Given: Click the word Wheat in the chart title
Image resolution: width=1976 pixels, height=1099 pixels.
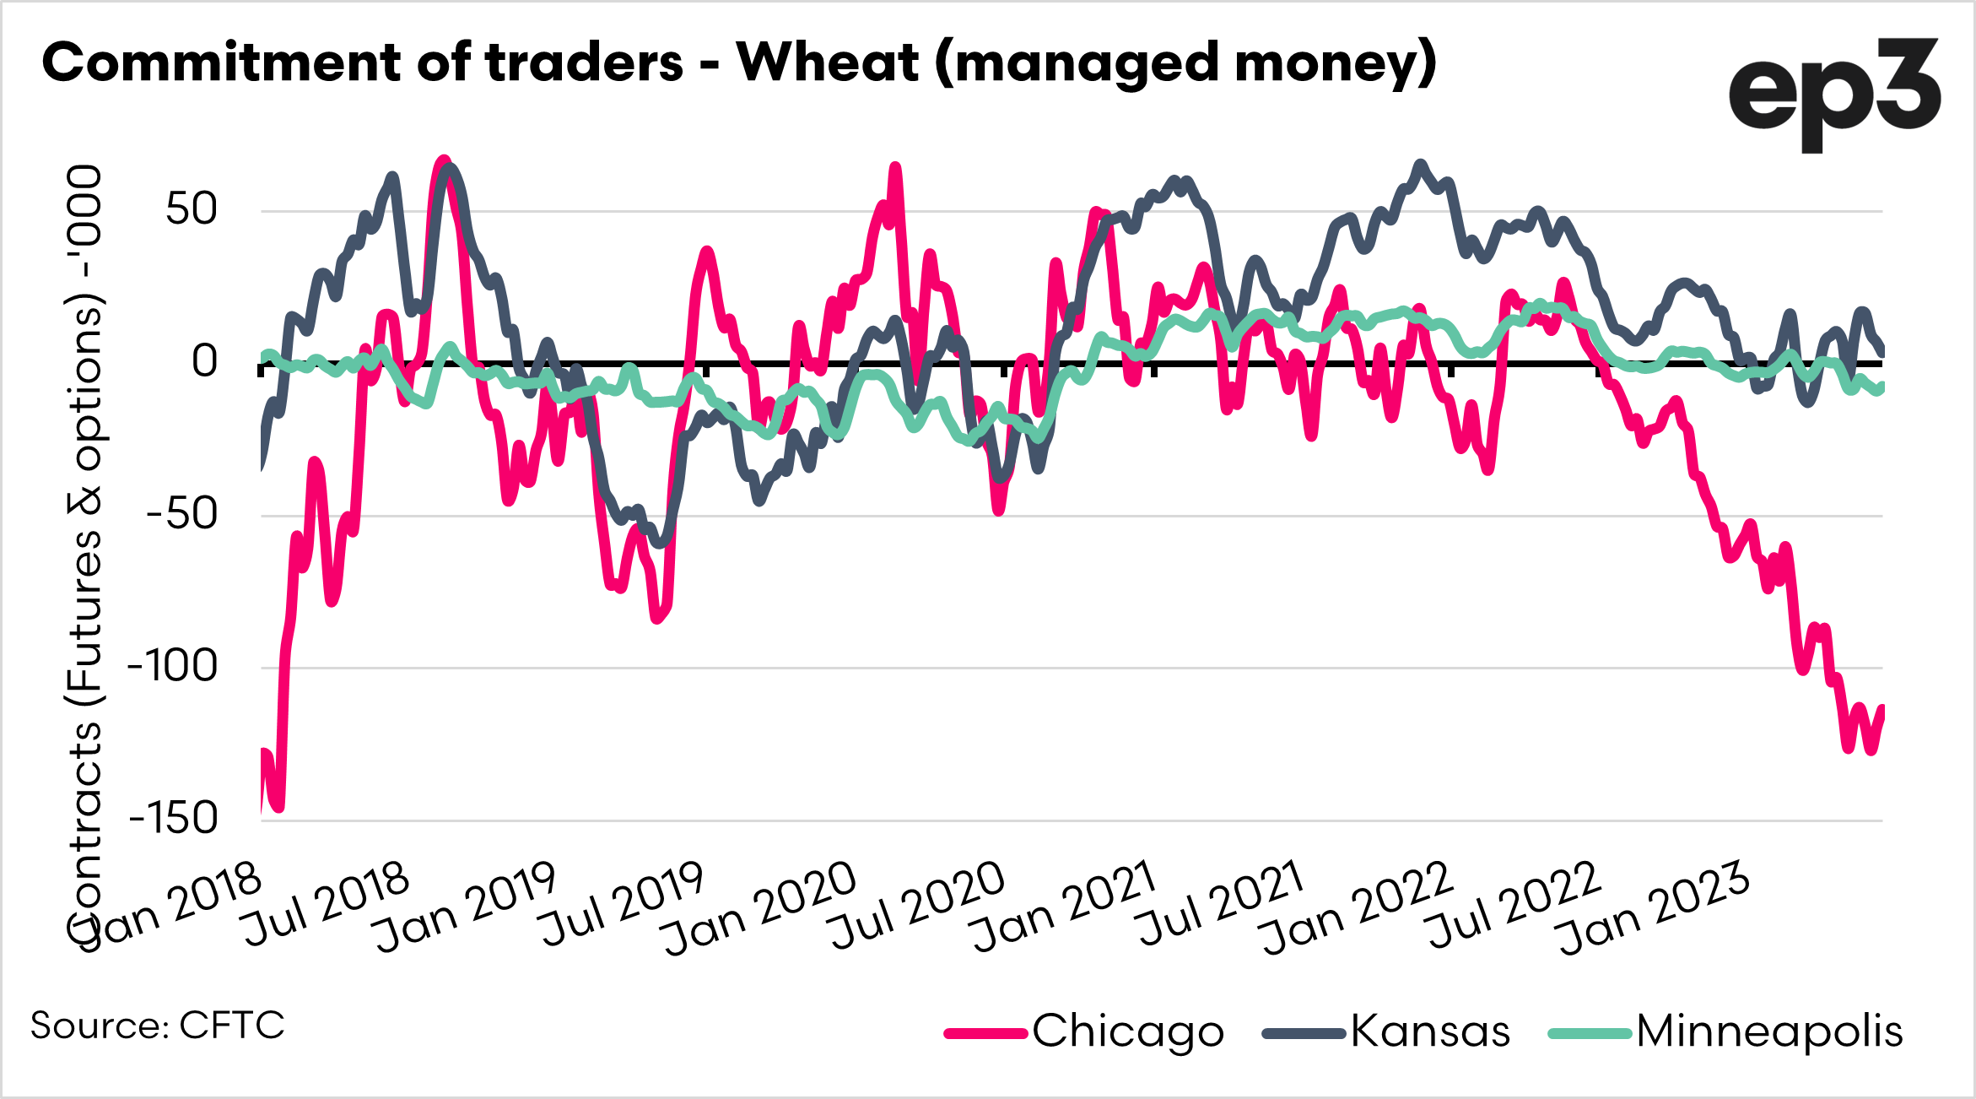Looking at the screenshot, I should [827, 62].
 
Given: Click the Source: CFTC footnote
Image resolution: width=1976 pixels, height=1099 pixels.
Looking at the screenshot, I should [158, 1026].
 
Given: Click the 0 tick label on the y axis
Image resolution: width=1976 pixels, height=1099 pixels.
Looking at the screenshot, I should [204, 362].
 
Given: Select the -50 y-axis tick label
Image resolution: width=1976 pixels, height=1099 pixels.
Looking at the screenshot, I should [181, 514].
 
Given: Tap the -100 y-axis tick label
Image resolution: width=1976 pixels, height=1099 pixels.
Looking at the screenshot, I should [172, 667].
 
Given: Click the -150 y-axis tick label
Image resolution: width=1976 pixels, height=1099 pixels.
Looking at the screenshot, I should [172, 819].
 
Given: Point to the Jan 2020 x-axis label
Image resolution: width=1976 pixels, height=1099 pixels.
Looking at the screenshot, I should [759, 910].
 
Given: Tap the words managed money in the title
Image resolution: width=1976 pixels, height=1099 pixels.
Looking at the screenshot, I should [1185, 62].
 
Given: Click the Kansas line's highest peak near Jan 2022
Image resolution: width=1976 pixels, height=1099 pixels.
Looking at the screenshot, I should [1421, 165].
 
